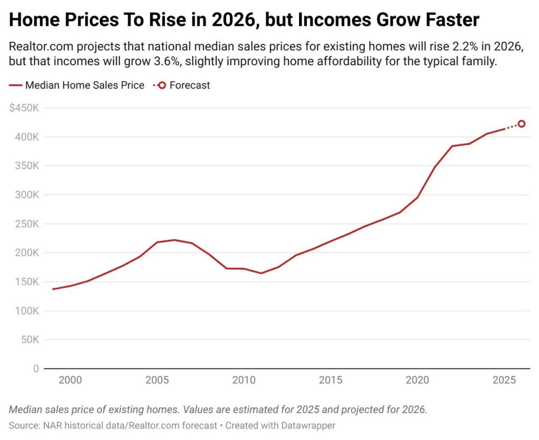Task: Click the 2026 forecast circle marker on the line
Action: (522, 124)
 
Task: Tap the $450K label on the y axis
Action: (24, 108)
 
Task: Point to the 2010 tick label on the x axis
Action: (244, 380)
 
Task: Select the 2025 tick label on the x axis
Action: (504, 380)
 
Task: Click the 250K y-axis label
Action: (27, 224)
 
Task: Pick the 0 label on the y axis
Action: (36, 369)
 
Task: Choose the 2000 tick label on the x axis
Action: (70, 380)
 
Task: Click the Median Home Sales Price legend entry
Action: (77, 85)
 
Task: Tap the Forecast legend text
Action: (189, 85)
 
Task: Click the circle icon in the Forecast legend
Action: (162, 85)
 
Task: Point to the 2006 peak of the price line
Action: (174, 240)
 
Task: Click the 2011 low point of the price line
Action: (261, 273)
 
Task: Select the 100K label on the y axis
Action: (27, 311)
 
